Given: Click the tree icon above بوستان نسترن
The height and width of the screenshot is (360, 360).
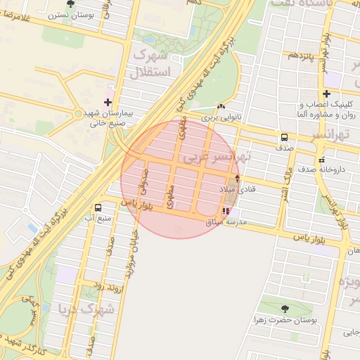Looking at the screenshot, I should [x=68, y=3].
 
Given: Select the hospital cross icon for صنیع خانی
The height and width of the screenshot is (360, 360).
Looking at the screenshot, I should [x=107, y=102].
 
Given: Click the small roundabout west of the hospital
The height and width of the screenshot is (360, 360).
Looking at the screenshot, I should [x=78, y=113].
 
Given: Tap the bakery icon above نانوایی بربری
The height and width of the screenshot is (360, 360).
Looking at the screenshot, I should [x=221, y=107].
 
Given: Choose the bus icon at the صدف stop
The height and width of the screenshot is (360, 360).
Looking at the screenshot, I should [x=284, y=137].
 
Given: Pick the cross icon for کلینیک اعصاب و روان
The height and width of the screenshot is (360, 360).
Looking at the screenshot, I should [x=326, y=94].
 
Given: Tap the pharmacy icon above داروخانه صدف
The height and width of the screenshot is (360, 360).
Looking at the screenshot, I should [x=322, y=158].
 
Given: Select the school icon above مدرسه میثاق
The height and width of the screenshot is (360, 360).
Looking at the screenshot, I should [x=225, y=210].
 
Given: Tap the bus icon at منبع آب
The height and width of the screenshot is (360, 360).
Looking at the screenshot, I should [x=98, y=207].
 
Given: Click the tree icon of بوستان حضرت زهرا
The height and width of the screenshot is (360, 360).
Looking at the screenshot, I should [x=285, y=309].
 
